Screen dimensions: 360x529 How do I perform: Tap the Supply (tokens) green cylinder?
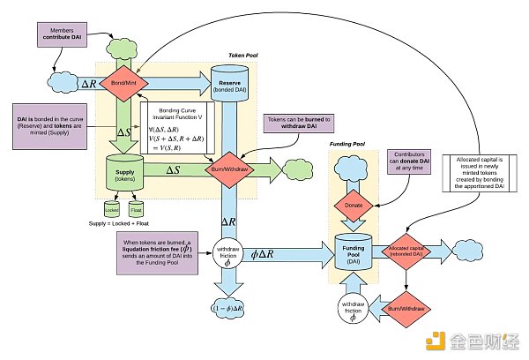pos(125,170)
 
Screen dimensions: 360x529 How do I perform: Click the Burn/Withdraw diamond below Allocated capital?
pos(406,309)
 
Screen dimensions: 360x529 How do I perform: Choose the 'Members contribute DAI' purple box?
pos(64,36)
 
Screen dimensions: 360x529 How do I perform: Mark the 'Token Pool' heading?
pos(242,55)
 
